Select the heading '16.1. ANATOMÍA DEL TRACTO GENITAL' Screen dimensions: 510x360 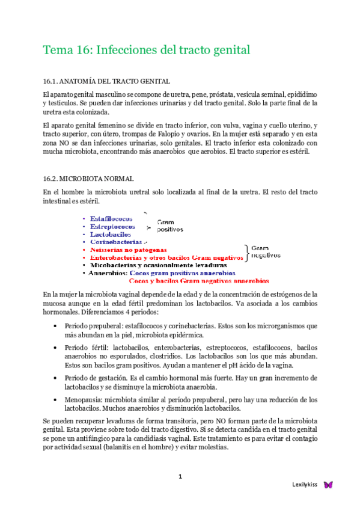[106, 81]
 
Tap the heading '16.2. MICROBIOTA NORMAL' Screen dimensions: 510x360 [88, 179]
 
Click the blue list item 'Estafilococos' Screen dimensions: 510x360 [112, 219]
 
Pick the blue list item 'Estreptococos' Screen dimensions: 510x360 [112, 227]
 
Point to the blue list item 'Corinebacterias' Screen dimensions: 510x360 [116, 242]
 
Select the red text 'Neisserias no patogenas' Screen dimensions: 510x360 [129, 250]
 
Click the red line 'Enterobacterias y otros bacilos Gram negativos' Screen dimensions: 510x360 [166, 257]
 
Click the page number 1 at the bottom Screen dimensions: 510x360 [180, 476]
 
